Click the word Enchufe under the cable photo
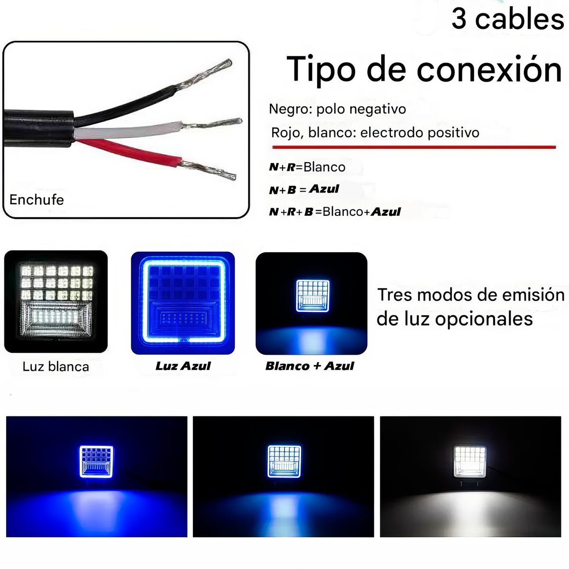coord(37,200)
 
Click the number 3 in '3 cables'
coord(459,19)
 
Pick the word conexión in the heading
coord(489,70)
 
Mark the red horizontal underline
coord(413,147)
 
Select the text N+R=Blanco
coord(307,167)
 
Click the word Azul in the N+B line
coord(324,189)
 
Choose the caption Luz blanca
coord(55,367)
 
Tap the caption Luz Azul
coord(183,366)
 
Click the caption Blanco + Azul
coord(310,366)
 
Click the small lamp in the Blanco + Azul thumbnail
coord(313,296)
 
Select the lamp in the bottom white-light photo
coord(470,461)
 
